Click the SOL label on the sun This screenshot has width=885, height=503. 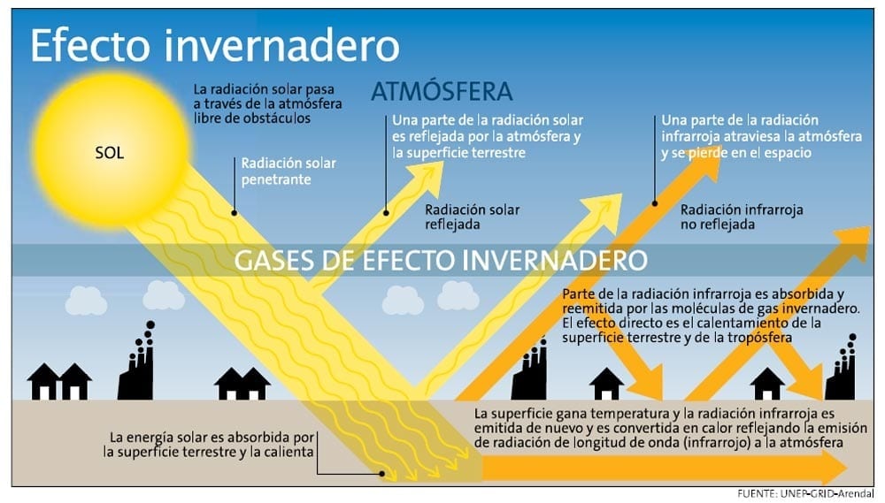[109, 153]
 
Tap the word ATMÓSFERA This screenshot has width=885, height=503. [442, 91]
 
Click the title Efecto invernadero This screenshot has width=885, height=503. [215, 46]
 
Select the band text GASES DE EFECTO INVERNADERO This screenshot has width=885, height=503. [441, 260]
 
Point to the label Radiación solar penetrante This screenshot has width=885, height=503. [289, 171]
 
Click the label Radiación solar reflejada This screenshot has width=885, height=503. [473, 217]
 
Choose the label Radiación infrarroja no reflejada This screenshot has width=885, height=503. [742, 217]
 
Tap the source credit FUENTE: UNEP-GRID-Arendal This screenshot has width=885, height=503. [805, 494]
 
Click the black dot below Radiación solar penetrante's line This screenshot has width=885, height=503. [235, 212]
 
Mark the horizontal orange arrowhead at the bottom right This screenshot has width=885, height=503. [833, 468]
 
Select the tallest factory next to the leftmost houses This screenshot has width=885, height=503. [136, 362]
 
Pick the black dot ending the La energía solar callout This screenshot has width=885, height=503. [382, 474]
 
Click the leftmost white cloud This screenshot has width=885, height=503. [86, 301]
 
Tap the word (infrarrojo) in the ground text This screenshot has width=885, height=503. [717, 443]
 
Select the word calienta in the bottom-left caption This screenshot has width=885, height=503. [289, 453]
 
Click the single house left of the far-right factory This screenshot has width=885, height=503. [766, 384]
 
